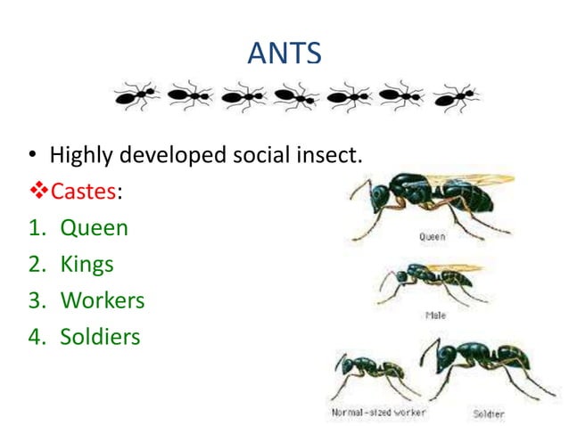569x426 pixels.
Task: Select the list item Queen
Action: (94, 227)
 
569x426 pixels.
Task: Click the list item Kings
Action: (87, 264)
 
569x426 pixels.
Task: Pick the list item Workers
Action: (102, 300)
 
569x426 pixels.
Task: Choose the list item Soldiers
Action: (100, 337)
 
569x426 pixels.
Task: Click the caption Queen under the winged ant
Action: (433, 237)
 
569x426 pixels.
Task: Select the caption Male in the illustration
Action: (435, 315)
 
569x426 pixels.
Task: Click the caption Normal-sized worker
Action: (378, 413)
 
